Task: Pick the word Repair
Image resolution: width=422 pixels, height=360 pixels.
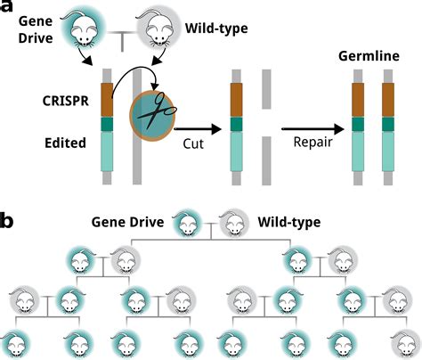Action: pyautogui.click(x=313, y=141)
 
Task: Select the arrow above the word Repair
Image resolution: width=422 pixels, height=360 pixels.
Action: pyautogui.click(x=312, y=126)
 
